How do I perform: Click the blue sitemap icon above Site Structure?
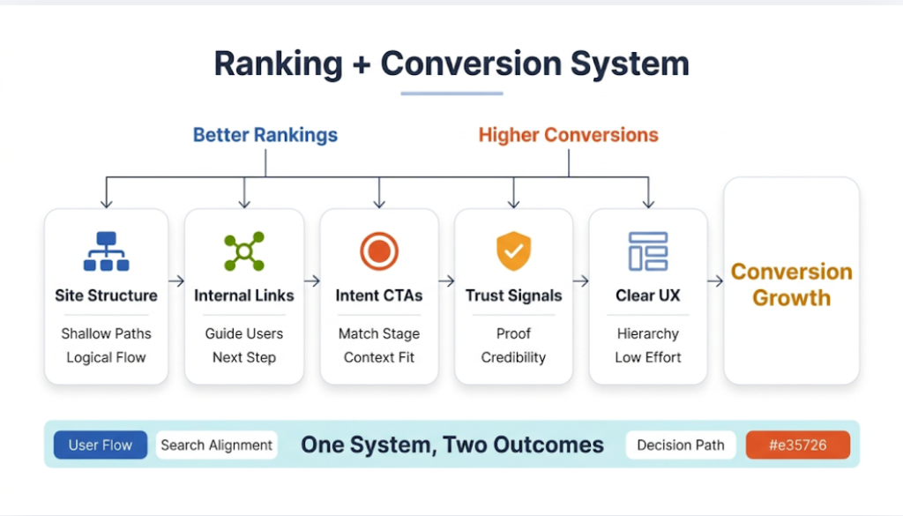tap(106, 251)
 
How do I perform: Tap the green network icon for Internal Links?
tap(244, 251)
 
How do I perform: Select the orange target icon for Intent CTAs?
tap(379, 251)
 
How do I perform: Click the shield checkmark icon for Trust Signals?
tap(513, 251)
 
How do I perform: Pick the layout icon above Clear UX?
tap(647, 251)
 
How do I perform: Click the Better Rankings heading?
tap(265, 135)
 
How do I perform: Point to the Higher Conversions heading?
tap(568, 135)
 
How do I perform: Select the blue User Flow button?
tap(101, 445)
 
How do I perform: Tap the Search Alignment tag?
tap(217, 445)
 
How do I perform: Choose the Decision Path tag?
tap(681, 445)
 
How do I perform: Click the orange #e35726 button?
tap(797, 445)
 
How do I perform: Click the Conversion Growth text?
tap(791, 284)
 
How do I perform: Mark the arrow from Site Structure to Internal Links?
tap(176, 281)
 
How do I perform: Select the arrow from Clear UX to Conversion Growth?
tap(715, 281)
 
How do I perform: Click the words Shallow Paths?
tap(106, 333)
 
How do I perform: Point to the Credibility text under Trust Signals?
tap(513, 357)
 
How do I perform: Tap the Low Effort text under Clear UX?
tap(647, 357)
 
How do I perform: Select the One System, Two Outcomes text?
tap(451, 445)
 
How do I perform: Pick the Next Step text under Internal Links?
tap(244, 357)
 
